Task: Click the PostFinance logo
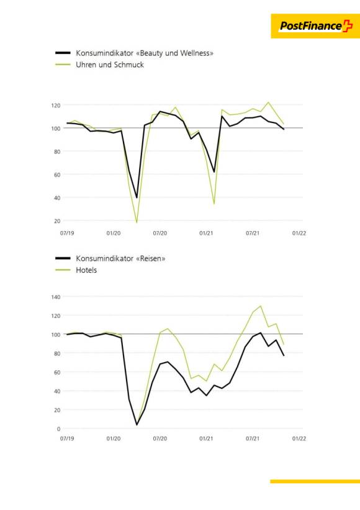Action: coord(315,26)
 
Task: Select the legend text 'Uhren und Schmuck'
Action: coord(110,65)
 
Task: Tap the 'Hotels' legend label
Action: coord(86,270)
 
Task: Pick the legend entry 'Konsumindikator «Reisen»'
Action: coord(120,258)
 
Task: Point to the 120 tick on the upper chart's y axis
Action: coord(56,106)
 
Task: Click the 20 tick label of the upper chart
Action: coord(57,221)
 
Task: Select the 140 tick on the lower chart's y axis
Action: coord(56,297)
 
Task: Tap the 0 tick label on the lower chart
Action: coord(58,429)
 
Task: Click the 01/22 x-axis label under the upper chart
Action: coord(299,233)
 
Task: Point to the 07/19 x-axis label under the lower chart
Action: coord(67,439)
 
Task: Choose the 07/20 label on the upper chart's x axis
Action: coord(160,233)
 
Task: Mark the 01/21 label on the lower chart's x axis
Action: coord(206,439)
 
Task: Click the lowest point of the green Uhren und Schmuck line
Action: coord(137,222)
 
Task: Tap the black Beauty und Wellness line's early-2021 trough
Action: coord(214,172)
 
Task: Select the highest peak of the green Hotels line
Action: coord(261,306)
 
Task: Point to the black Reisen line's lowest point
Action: coord(137,425)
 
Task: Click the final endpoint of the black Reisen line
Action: coord(284,355)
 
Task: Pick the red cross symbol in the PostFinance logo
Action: coord(348,25)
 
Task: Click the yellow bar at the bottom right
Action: coord(315,481)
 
